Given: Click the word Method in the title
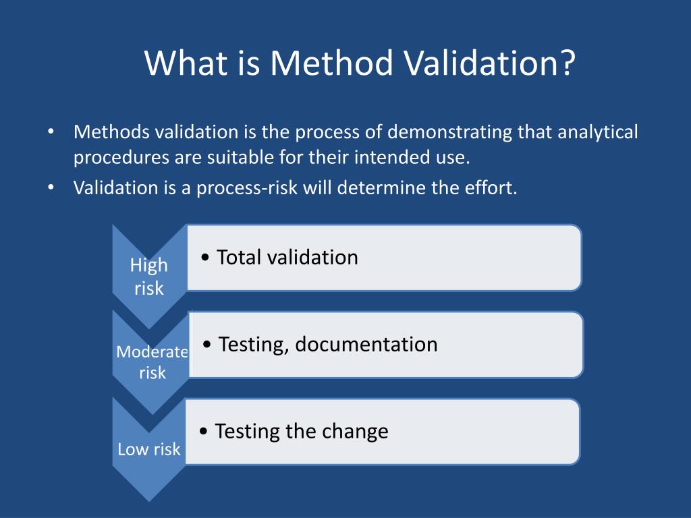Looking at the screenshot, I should [x=331, y=63].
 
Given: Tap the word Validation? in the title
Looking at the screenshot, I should [x=490, y=63].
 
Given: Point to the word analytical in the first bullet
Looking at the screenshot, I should [x=597, y=132].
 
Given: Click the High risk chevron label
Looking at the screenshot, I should [x=149, y=277].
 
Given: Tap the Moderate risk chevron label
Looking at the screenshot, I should [x=152, y=362].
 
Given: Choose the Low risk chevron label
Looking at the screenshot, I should [x=149, y=449].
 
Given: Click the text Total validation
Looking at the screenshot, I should [x=287, y=258].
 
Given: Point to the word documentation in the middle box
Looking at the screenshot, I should [x=366, y=345].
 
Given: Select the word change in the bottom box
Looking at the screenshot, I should [x=356, y=431].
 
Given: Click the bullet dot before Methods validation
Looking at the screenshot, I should [x=51, y=132].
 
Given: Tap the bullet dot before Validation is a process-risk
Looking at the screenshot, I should [x=51, y=188].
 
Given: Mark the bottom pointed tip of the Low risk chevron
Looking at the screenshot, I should [x=149, y=500].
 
